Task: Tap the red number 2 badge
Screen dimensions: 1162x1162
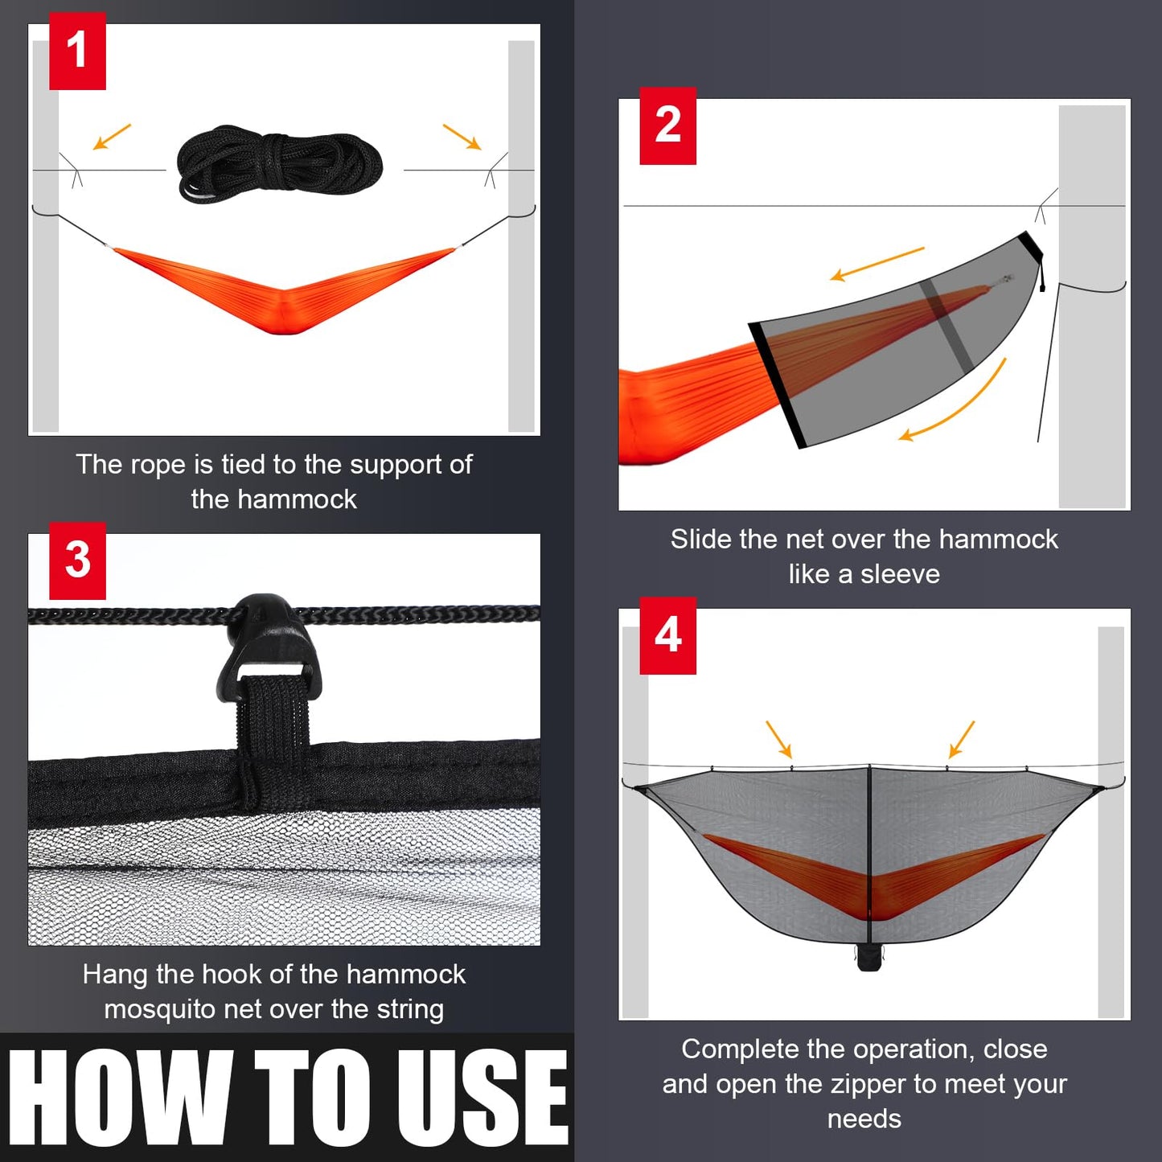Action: click(667, 125)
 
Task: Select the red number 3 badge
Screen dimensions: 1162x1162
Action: click(77, 560)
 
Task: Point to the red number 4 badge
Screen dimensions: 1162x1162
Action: click(667, 635)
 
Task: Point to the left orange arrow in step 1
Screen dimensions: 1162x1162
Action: click(111, 137)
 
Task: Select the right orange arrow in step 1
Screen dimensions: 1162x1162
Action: click(462, 137)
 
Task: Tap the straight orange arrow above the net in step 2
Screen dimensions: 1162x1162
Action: click(877, 264)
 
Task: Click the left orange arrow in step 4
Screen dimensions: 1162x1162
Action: click(778, 739)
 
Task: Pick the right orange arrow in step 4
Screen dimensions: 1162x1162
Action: click(962, 739)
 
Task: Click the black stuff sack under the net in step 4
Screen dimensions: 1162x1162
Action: click(868, 957)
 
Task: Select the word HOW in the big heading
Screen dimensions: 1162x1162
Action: click(121, 1098)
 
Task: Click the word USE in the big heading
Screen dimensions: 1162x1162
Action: click(482, 1098)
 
